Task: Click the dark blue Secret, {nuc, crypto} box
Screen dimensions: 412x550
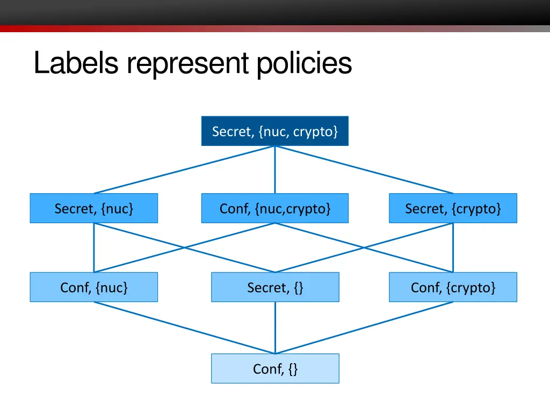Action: click(x=275, y=131)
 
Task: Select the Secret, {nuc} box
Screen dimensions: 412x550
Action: click(x=94, y=208)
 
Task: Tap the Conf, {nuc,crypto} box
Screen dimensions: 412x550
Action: click(x=275, y=208)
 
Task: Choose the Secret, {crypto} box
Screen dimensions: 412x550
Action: click(x=453, y=208)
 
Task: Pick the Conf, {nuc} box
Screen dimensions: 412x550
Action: click(x=94, y=287)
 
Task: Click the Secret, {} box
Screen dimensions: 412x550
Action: click(x=275, y=287)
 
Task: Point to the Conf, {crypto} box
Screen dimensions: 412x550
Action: click(x=453, y=287)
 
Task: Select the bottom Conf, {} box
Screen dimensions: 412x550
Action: click(x=275, y=369)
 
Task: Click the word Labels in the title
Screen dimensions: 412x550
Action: click(x=76, y=63)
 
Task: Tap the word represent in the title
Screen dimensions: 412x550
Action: click(x=188, y=63)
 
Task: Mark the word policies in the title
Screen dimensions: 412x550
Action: click(x=303, y=63)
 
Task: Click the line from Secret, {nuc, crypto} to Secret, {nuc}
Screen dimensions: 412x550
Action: click(x=184, y=170)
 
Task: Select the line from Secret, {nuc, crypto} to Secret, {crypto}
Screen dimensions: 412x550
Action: click(x=364, y=170)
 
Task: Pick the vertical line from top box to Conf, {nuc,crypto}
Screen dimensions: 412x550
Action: click(x=275, y=170)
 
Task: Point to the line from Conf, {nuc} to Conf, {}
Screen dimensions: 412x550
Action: click(x=184, y=328)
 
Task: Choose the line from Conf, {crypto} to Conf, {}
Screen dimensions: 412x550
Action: click(x=364, y=328)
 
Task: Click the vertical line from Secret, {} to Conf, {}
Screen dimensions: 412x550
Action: click(x=275, y=328)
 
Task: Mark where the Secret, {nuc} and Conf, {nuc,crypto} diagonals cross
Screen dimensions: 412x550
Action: click(x=185, y=247)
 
